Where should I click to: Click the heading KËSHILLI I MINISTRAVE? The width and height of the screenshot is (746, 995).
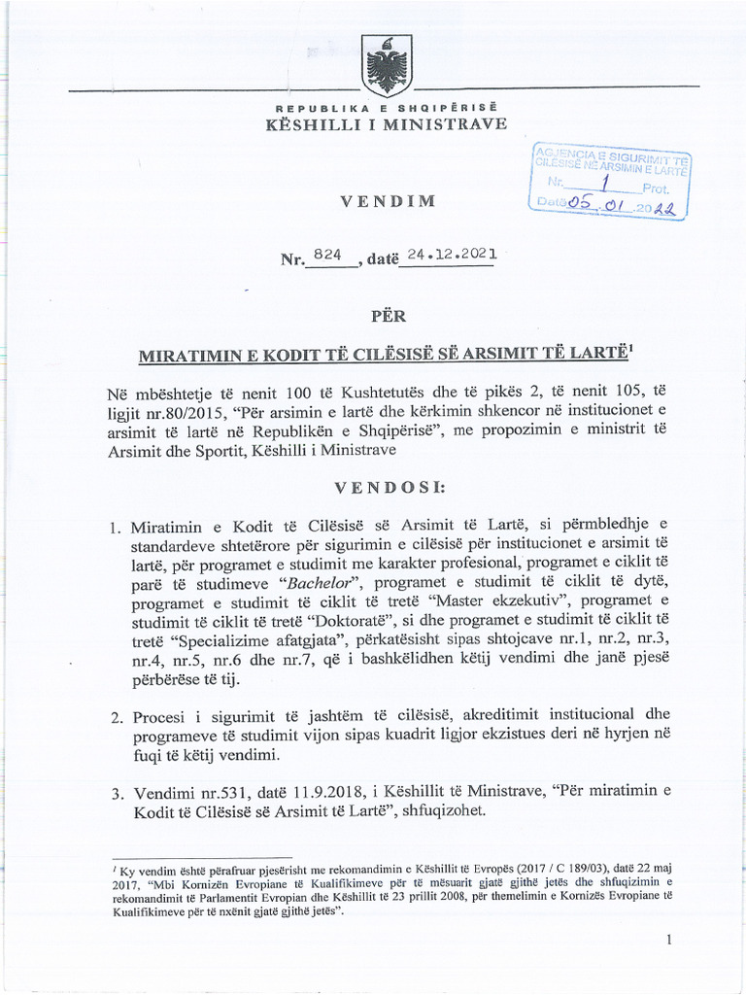(x=385, y=124)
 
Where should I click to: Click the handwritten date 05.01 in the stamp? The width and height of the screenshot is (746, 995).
(x=598, y=204)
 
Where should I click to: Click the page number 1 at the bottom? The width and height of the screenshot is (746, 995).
(x=669, y=940)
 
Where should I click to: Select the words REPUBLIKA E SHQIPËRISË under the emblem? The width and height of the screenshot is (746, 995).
(x=385, y=107)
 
